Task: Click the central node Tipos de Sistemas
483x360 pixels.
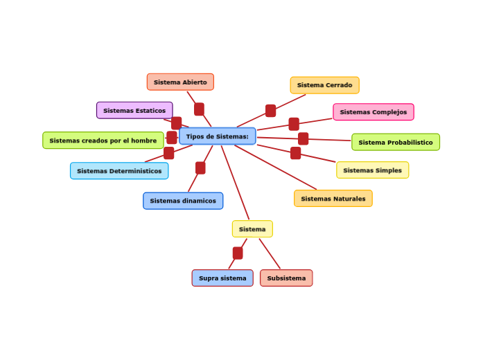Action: tap(217, 136)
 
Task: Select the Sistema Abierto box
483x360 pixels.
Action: tap(180, 82)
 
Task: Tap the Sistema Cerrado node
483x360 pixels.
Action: tap(324, 85)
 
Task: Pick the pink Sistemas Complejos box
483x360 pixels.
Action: tap(373, 112)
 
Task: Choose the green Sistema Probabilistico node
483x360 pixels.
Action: tap(395, 143)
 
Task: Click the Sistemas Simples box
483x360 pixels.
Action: tap(372, 170)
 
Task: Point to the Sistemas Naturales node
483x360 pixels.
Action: tap(333, 199)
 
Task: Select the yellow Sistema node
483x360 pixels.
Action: tap(252, 229)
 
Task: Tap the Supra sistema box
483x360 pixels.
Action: tap(222, 278)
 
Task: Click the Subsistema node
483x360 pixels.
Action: tap(286, 278)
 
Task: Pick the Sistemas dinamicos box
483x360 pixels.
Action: tap(183, 201)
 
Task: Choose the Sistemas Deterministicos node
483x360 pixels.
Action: tap(119, 171)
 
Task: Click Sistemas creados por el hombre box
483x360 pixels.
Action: tap(103, 141)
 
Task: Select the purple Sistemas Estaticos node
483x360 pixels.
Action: tap(134, 111)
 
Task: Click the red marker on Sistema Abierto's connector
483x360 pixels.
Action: tap(199, 109)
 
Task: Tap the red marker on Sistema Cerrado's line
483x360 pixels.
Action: tap(270, 111)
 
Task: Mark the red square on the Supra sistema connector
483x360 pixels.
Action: tap(238, 253)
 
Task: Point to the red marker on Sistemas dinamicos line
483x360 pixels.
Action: tap(200, 168)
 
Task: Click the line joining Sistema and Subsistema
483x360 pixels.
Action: tap(270, 253)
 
